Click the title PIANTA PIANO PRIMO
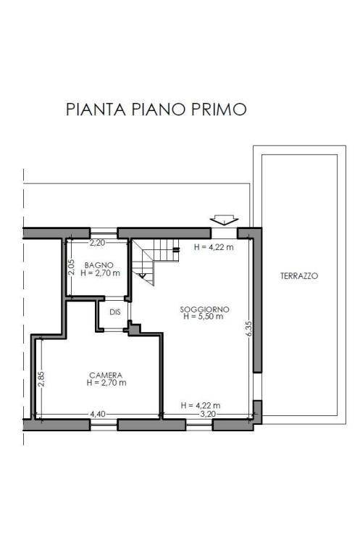pos(156,109)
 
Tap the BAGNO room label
pos(99,265)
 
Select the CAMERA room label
pos(106,375)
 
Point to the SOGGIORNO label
pos(204,310)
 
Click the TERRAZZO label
pos(299,276)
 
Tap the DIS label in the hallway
pos(115,312)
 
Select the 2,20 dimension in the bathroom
pos(97,243)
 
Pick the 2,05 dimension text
pos(71,267)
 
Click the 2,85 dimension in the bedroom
pos(41,378)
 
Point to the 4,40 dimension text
pos(98,414)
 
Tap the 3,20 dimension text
pos(208,414)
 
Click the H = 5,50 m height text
pos(204,317)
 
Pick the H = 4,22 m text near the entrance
pos(214,247)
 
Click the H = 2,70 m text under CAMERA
pos(106,382)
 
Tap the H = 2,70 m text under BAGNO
pos(101,273)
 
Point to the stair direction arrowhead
pos(142,275)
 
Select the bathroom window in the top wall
pos(104,233)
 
